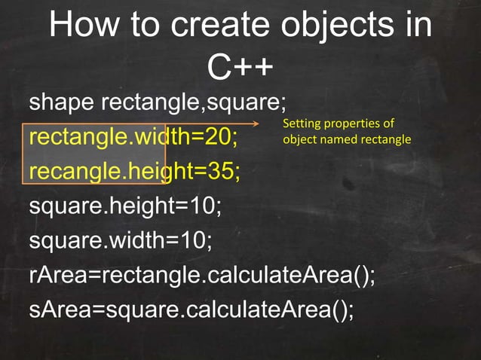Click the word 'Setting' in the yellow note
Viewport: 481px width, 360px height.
(299, 124)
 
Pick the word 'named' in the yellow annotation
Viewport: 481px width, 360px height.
(337, 139)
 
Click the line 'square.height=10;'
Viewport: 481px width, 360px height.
(125, 206)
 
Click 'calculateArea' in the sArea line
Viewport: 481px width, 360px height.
(253, 309)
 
